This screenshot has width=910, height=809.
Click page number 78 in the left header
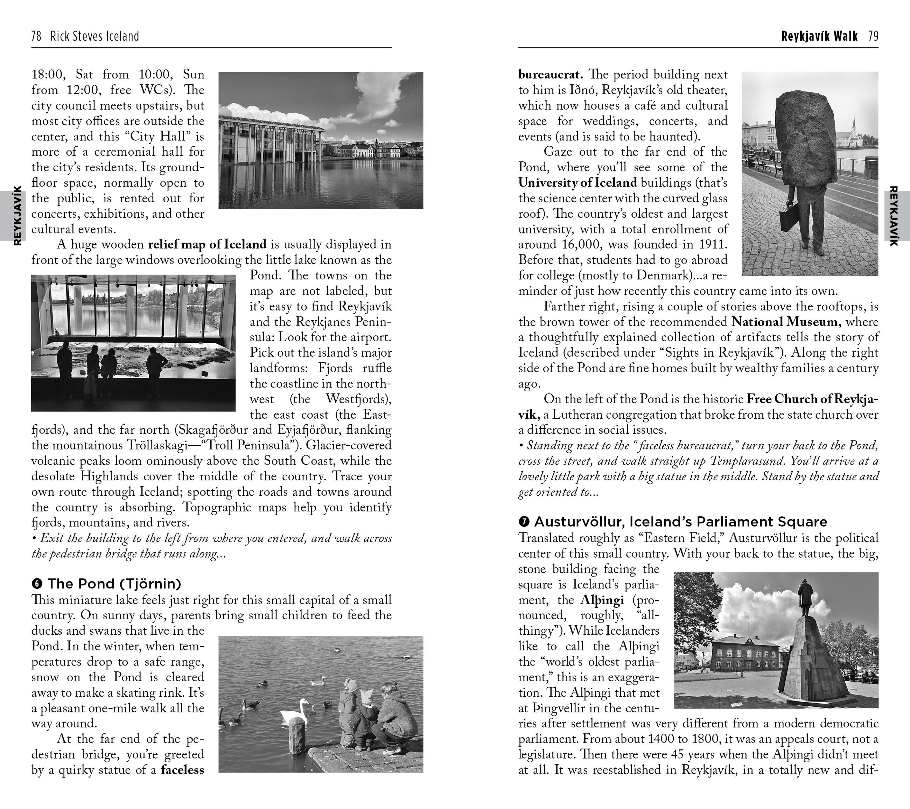[36, 36]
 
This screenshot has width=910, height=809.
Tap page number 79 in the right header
[873, 36]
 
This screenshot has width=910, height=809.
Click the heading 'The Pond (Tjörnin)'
[114, 583]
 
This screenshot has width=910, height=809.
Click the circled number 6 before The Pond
[37, 583]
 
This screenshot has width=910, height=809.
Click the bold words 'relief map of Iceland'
[207, 244]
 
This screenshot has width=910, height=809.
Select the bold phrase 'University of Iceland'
[577, 182]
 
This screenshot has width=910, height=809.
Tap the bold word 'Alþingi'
[602, 600]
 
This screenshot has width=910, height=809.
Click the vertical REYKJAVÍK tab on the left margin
[17, 216]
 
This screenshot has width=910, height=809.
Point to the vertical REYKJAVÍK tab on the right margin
[893, 216]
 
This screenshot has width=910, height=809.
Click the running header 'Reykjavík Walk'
[819, 36]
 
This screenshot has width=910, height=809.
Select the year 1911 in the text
[714, 244]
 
